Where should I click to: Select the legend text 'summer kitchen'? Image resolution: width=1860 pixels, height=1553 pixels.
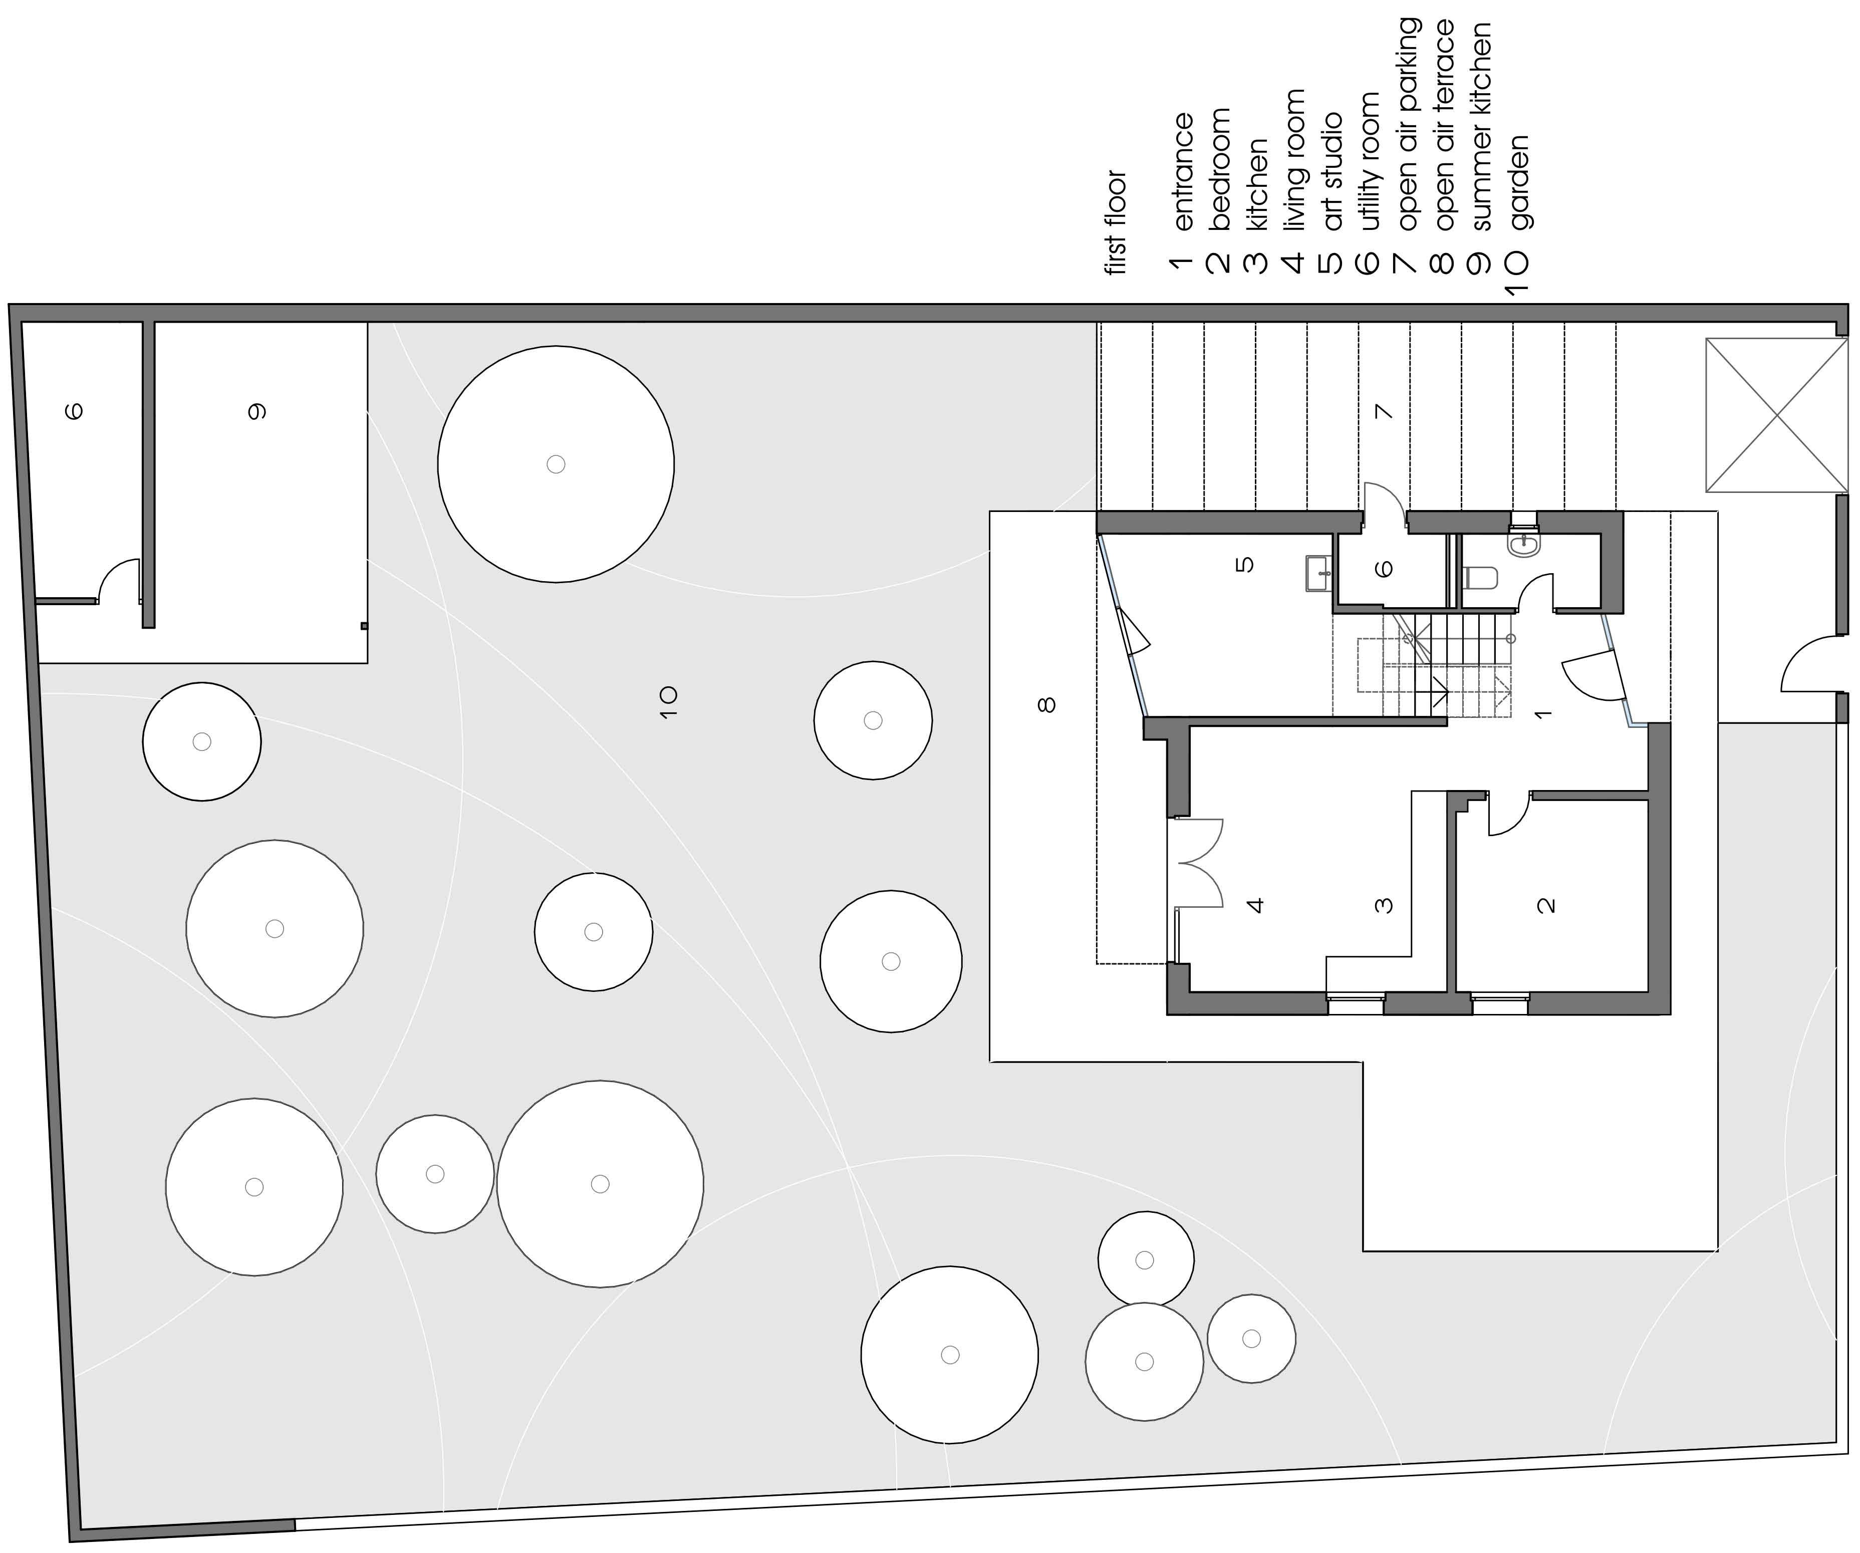[x=1481, y=127]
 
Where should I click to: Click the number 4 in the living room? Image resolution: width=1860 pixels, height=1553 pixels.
[x=1255, y=905]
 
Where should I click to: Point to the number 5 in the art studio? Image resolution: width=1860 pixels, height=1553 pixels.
[x=1244, y=564]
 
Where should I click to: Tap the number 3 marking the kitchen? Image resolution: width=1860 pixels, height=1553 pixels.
[x=1384, y=905]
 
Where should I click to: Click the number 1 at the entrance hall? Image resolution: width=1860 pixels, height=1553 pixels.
[x=1542, y=713]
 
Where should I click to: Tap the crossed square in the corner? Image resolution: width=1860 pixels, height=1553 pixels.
[x=1776, y=415]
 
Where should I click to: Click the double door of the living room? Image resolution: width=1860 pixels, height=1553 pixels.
[x=1197, y=863]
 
